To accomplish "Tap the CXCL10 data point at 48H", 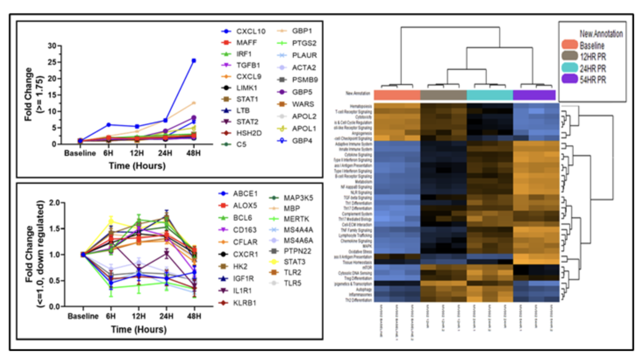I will click(194, 61).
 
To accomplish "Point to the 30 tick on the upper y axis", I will click(52, 46).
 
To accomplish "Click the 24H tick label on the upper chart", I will click(165, 153).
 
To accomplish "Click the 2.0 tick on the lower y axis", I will click(54, 203).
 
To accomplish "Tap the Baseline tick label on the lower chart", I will click(83, 316).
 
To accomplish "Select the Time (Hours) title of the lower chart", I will click(138, 330).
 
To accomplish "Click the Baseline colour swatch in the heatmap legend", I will click(570, 45).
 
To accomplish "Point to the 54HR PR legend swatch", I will click(570, 79).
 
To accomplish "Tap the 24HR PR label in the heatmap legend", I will click(593, 68).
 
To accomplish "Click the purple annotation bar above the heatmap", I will click(534, 95).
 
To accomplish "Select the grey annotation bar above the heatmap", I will click(443, 95).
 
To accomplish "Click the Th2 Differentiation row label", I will click(358, 300).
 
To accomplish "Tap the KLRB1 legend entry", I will click(244, 303).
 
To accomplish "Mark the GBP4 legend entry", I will click(302, 141).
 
